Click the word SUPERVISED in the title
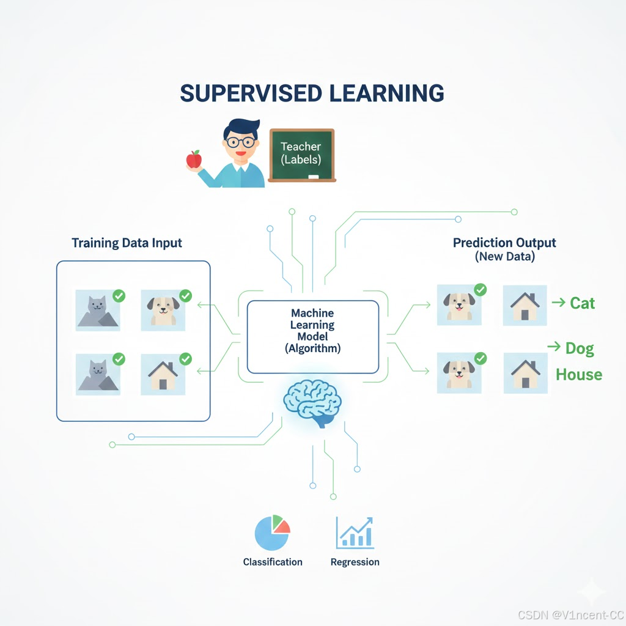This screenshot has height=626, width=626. coord(251,93)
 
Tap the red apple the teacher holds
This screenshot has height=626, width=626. coord(194,159)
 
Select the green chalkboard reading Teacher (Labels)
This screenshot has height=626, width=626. coord(302,155)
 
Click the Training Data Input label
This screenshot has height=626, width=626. coord(127,243)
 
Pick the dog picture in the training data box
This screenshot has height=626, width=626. coord(163,310)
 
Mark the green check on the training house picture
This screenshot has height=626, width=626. coord(185,359)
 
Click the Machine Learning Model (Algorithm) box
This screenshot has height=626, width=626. coord(312,336)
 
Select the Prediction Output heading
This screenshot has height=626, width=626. coord(504,243)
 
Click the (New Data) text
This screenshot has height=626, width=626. coord(504,257)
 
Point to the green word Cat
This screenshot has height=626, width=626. coord(582,303)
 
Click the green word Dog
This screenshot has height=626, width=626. coord(580,348)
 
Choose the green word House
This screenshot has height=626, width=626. coord(578,374)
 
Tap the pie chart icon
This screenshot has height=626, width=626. coord(272,533)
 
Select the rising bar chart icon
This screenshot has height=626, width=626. coord(355,533)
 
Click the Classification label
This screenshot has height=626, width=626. coord(273,562)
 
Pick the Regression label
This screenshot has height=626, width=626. coord(355,562)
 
